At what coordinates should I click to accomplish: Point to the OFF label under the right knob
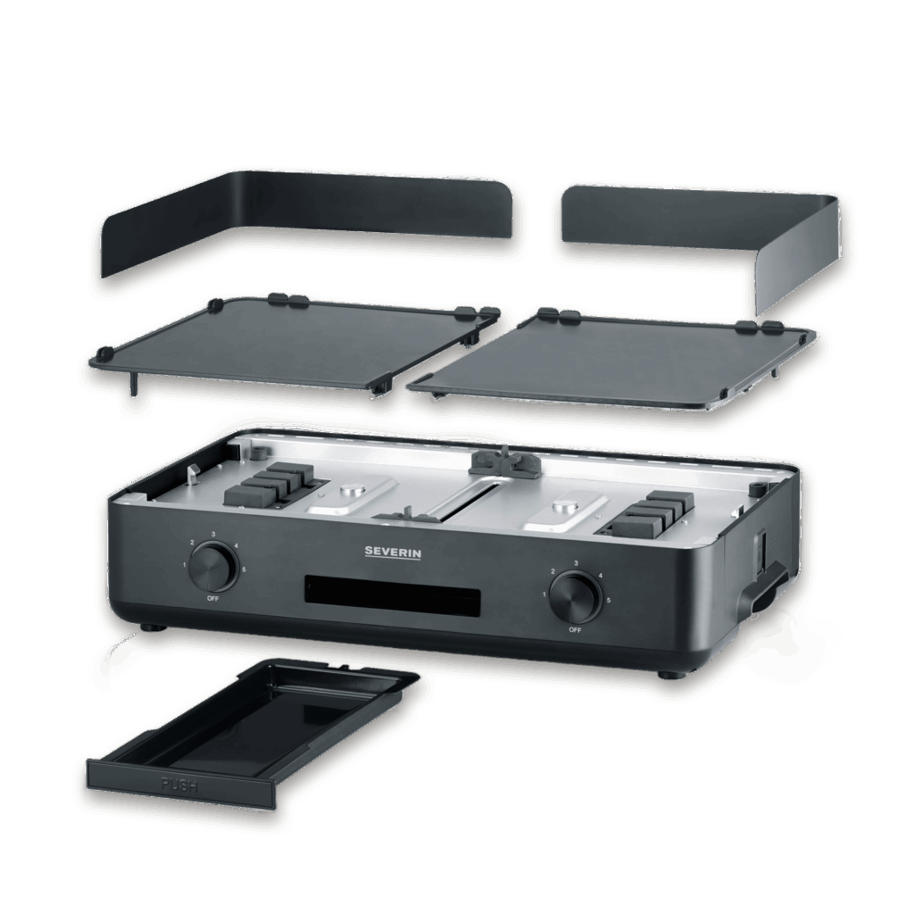click(x=573, y=629)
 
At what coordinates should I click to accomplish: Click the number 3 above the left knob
click(x=213, y=534)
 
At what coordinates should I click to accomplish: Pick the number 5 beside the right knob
click(x=608, y=601)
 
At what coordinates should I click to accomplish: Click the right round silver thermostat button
click(x=563, y=510)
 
